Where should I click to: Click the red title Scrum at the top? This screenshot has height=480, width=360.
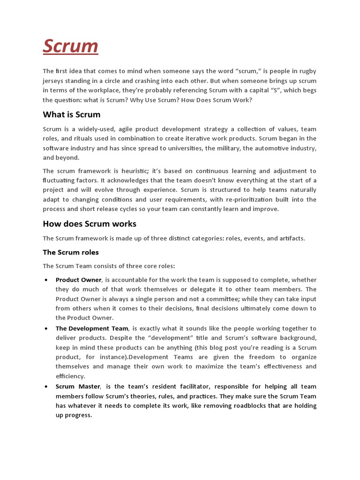70,46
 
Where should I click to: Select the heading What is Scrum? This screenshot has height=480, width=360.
71,114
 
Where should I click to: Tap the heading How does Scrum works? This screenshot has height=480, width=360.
90,224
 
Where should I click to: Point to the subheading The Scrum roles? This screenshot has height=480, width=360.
71,252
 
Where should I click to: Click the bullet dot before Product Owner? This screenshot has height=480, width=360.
46,280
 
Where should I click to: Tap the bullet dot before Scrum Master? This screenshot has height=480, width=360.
46,387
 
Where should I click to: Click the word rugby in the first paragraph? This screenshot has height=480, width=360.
307,71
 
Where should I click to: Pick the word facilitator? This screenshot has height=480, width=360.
158,386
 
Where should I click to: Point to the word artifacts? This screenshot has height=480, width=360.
290,238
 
